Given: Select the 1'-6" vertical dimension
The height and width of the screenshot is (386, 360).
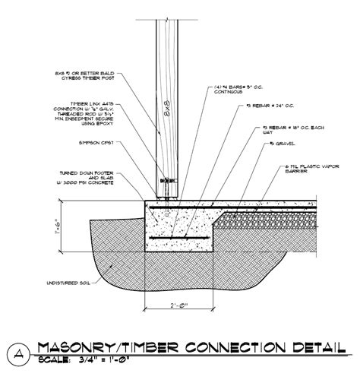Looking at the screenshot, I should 68,225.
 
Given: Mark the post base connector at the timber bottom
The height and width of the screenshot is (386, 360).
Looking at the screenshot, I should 169,183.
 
